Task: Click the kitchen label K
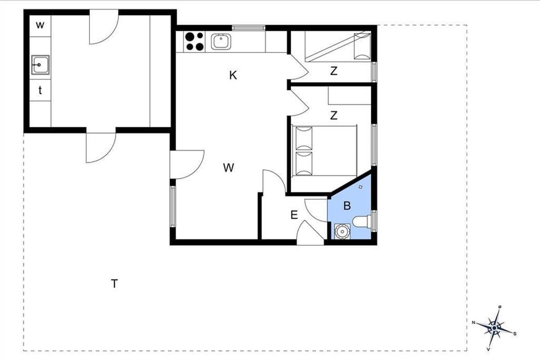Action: [233, 75]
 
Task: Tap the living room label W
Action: [228, 167]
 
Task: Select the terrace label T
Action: [114, 283]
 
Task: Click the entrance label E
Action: [294, 215]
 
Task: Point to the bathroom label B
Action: [347, 206]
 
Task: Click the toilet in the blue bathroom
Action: [362, 221]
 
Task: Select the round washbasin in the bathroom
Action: [342, 231]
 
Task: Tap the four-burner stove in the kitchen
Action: [194, 41]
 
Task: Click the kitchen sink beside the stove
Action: [221, 42]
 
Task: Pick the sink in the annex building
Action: [40, 65]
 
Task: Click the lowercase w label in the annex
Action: [40, 25]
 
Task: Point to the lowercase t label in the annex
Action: [40, 90]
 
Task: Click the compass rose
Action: [494, 328]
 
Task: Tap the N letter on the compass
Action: [473, 322]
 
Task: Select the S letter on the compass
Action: [515, 334]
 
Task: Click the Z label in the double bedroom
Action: [333, 116]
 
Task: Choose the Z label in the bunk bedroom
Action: [333, 71]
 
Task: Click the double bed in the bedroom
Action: [324, 150]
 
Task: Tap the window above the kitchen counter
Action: [248, 28]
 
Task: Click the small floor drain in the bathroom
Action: [360, 187]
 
